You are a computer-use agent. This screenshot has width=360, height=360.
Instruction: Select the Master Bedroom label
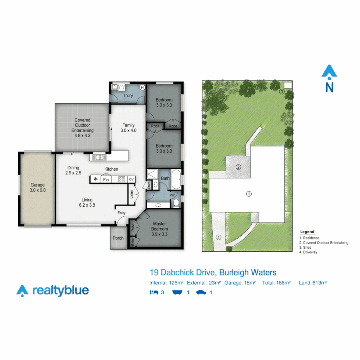pos(160,226)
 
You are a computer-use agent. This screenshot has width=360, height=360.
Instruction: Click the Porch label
pos(118,238)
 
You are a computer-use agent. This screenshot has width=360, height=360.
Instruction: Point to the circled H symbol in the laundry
pos(142,87)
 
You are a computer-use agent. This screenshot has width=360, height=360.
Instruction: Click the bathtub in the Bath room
pos(176,178)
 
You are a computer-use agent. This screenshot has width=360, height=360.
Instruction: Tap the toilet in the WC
pos(177,202)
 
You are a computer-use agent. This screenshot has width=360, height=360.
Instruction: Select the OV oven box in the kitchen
pos(132,179)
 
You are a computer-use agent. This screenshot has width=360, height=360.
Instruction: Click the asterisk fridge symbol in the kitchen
pos(96,179)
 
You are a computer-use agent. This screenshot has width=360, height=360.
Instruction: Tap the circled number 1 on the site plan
pos(248,194)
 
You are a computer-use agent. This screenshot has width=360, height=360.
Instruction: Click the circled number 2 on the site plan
pos(238,167)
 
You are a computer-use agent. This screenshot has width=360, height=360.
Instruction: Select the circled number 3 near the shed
pos(282,92)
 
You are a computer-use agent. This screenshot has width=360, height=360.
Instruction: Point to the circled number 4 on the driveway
pos(219,237)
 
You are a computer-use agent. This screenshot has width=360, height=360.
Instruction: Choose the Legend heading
pos(307,232)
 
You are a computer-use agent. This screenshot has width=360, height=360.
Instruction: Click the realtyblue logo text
pos(61,290)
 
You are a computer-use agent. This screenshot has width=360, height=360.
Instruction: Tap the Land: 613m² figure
pos(313,283)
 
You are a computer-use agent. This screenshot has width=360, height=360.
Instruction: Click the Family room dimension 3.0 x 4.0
pos(129,130)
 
